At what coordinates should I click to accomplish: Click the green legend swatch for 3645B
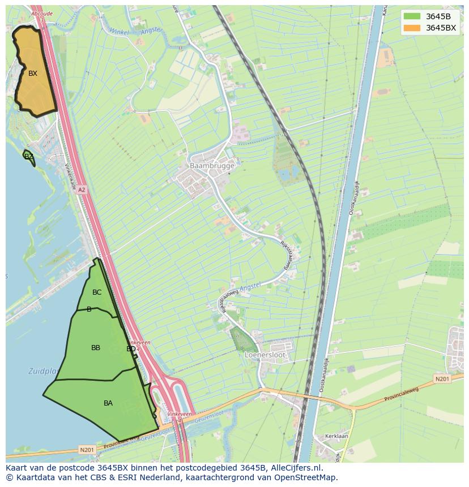(412, 16)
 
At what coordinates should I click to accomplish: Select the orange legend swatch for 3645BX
(412, 28)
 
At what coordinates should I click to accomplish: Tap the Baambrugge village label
(211, 166)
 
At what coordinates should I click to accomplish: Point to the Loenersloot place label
(265, 355)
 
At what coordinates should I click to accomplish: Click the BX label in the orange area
(33, 74)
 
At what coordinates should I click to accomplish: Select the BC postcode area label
(97, 292)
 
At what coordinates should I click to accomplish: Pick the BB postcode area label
(96, 348)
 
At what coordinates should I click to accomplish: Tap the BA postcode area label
(108, 403)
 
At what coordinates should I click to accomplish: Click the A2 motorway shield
(82, 190)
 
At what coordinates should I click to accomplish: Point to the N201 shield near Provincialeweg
(442, 378)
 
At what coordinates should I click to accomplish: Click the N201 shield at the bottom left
(87, 450)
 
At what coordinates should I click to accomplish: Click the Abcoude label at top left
(42, 13)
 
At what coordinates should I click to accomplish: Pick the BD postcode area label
(131, 349)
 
